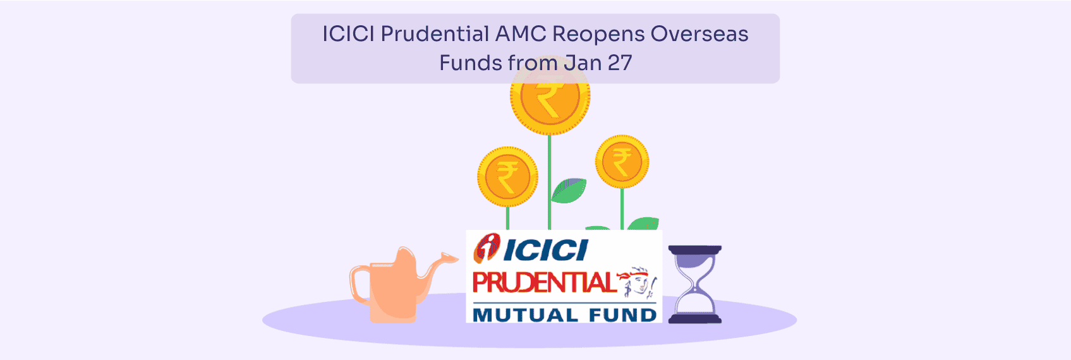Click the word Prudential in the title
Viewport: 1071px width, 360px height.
pos(435,34)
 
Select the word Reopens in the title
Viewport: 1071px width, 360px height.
pos(598,34)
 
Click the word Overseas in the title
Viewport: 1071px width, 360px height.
pos(699,34)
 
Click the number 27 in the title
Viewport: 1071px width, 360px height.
pos(620,63)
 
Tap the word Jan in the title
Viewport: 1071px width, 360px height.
pos(583,63)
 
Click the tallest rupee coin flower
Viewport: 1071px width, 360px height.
pos(550,98)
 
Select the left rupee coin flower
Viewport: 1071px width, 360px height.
pos(507,176)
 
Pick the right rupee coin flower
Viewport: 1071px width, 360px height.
pos(622,162)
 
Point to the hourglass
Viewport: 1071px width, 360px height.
pos(694,284)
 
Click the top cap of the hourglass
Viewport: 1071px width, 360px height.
pos(694,250)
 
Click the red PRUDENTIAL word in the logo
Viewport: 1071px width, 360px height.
pos(543,283)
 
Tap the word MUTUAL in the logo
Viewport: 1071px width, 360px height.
pos(525,315)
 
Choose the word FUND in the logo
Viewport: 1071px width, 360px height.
pos(622,315)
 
